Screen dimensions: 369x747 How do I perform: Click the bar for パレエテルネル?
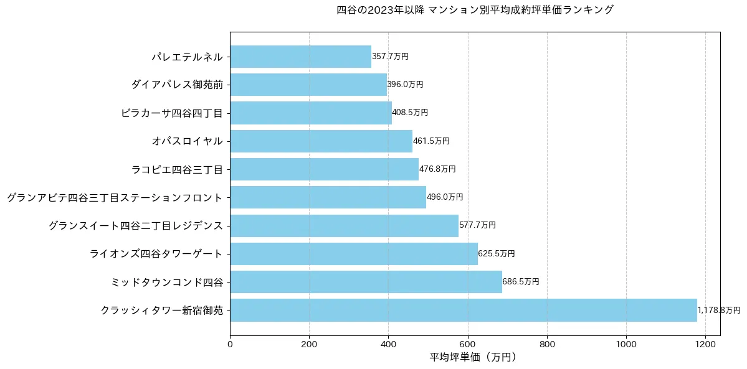[300, 57]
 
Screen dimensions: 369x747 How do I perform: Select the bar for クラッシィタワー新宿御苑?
[464, 310]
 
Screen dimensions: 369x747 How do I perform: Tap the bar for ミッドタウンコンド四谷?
[366, 282]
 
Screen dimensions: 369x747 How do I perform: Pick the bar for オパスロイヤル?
[321, 141]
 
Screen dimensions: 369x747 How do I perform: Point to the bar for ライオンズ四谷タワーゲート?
[354, 254]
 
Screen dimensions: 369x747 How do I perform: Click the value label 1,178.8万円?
[718, 310]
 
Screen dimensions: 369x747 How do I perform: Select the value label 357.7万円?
[390, 57]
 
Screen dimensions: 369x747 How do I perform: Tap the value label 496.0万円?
[445, 197]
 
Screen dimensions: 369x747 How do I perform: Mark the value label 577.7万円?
[477, 225]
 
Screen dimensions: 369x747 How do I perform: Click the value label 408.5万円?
[410, 113]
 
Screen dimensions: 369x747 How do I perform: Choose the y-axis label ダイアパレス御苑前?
[177, 85]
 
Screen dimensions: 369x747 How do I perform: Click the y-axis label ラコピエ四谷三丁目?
[177, 169]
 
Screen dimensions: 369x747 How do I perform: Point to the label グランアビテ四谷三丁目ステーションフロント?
[115, 198]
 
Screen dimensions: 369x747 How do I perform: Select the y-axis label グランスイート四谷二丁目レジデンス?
[136, 226]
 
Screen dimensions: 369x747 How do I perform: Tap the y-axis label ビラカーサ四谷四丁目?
[171, 113]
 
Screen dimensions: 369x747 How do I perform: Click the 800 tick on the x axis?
[547, 343]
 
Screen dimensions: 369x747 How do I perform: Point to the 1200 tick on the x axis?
[705, 343]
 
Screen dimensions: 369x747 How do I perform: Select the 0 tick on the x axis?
[230, 343]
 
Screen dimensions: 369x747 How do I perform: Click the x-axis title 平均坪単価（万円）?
[473, 357]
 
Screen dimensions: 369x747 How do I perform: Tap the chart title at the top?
[475, 10]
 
